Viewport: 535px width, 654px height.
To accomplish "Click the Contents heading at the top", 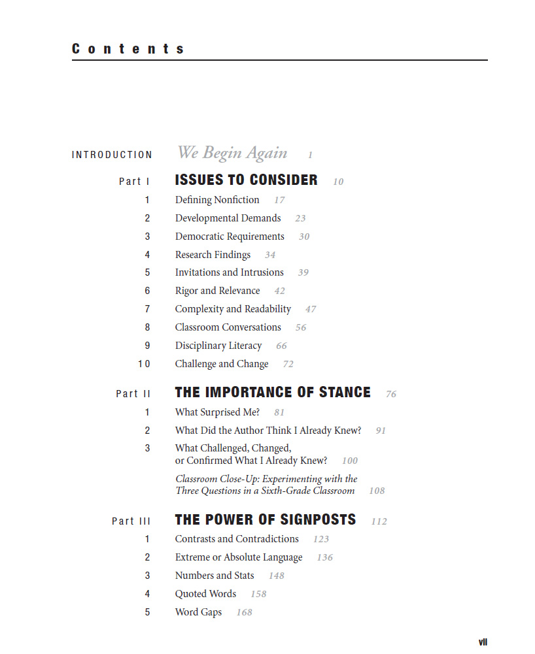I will (128, 49).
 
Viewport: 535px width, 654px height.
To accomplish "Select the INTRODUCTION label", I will (112, 155).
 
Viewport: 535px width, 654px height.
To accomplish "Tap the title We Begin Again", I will (232, 153).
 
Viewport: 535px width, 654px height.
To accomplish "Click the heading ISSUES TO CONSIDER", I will (246, 180).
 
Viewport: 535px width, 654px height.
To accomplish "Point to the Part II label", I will (133, 393).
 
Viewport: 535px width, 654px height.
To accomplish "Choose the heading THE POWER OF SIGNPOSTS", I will (266, 520).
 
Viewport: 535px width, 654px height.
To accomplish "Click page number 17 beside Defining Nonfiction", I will (279, 201).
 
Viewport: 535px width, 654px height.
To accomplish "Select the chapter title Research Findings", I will (213, 255).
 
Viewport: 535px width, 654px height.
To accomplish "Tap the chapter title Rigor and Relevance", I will (217, 291).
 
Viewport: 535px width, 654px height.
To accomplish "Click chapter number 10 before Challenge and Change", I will (144, 364).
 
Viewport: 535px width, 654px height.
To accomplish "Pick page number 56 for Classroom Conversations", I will (301, 328).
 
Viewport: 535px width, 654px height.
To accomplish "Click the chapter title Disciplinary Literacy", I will (218, 346).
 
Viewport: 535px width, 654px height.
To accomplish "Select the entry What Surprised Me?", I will (217, 412).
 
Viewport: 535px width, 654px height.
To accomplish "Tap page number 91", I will (381, 431).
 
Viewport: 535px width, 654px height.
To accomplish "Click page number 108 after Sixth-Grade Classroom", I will (377, 491).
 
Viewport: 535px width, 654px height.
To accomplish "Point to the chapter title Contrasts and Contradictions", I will (237, 539).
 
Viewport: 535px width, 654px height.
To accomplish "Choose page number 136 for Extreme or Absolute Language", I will (324, 558).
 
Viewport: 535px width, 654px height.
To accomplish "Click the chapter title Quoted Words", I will (205, 594).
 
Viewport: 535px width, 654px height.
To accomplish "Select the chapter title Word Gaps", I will (198, 612).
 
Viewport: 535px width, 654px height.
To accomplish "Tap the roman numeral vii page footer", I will (483, 642).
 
